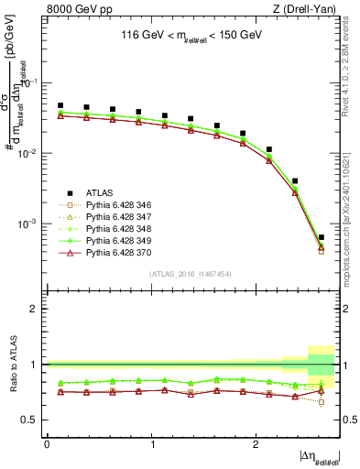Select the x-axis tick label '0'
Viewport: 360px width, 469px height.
[47, 443]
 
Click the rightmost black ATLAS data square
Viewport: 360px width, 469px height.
[322, 237]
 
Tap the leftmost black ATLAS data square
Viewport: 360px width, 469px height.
[60, 105]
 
